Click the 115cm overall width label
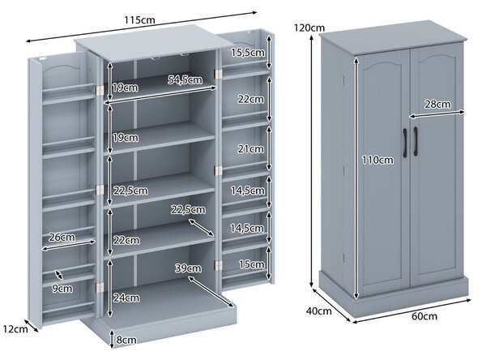[139, 20]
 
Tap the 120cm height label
[309, 28]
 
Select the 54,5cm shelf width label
[185, 79]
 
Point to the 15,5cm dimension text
[248, 53]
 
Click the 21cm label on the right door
[251, 149]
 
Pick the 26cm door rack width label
[62, 238]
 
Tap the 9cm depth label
[62, 289]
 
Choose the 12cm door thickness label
[16, 328]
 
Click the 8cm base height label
[126, 340]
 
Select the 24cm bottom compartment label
[126, 298]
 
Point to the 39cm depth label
[188, 268]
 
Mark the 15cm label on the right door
[251, 264]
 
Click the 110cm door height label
[378, 161]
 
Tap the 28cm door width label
[437, 104]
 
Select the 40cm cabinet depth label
[318, 311]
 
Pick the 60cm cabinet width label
[424, 316]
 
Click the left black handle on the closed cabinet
[405, 143]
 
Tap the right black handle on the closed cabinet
[416, 142]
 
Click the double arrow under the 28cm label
[437, 114]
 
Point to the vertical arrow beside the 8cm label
[112, 339]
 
